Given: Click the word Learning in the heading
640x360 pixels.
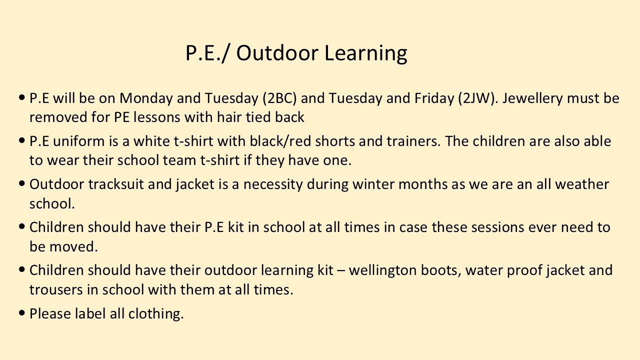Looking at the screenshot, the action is coord(365,53).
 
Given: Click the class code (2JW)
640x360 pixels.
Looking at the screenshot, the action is coord(476,98).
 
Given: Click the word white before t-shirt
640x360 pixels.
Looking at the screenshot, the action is coord(151,141).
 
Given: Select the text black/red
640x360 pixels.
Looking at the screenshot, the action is coord(280,141).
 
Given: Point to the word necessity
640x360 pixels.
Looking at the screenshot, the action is coord(273,185).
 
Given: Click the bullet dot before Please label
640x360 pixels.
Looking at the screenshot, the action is coord(22,312).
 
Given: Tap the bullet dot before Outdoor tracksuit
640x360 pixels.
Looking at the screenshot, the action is coord(22,183).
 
